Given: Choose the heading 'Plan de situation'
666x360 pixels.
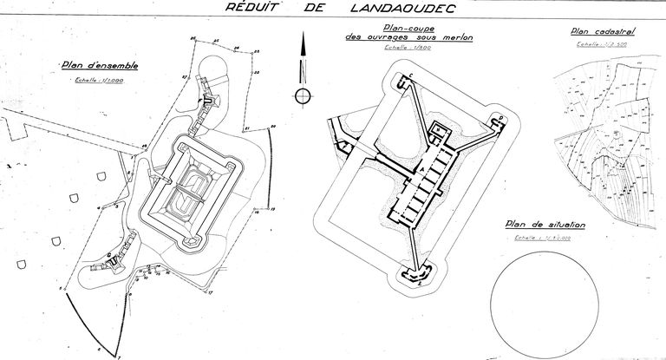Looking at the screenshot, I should pos(545,226).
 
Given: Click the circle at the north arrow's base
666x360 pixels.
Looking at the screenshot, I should pos(302,95).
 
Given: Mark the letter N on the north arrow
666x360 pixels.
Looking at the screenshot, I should pos(302,69).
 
